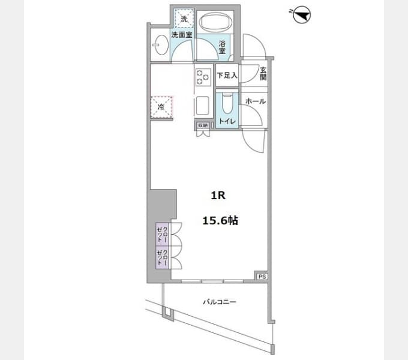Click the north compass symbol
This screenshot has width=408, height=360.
click(301, 15)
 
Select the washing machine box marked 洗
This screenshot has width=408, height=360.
click(184, 18)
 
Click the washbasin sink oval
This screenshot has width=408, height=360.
click(162, 45)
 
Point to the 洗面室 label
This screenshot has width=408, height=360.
click(182, 35)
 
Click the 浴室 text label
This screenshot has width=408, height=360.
click(222, 47)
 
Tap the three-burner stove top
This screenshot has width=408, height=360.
click(203, 77)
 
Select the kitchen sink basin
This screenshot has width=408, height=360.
click(202, 106)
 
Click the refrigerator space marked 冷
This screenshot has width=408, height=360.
click(161, 107)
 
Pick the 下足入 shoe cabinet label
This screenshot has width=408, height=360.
click(227, 76)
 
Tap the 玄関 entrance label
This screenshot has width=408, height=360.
click(263, 74)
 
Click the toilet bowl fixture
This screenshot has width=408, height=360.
click(227, 103)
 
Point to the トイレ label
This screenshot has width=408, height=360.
click(227, 121)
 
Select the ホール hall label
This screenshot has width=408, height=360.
click(256, 101)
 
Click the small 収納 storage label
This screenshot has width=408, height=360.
click(203, 125)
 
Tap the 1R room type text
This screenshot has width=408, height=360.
click(218, 196)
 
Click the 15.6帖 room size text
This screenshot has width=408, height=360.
click(220, 221)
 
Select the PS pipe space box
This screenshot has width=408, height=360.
click(262, 277)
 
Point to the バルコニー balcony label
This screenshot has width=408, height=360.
click(220, 302)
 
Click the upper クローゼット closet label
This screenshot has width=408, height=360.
click(163, 234)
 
